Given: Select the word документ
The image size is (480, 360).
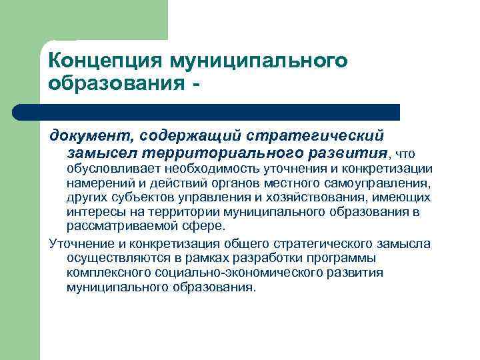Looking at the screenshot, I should point(91,136).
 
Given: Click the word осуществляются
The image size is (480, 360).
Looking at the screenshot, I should point(110,258).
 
